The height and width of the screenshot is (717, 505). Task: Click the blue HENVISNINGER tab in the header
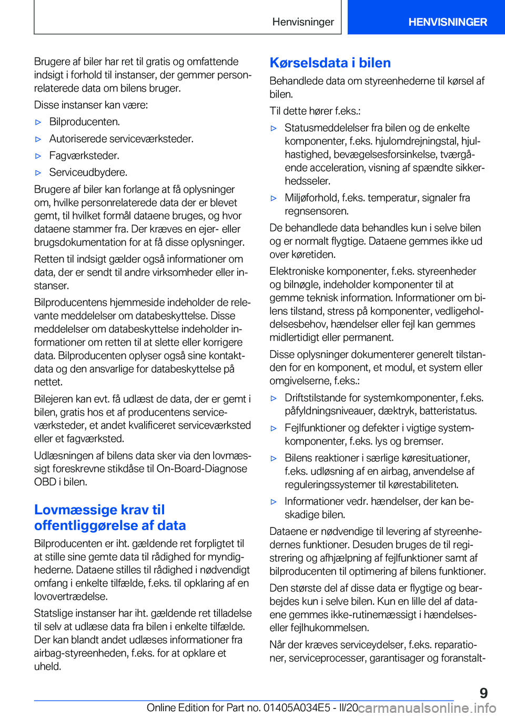[x=447, y=22]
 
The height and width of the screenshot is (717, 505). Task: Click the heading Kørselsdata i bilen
[x=330, y=63]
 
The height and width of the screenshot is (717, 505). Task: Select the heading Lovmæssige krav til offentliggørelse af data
[x=110, y=517]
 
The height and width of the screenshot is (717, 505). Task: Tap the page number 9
[x=483, y=693]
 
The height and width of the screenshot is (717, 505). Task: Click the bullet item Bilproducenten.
[x=84, y=122]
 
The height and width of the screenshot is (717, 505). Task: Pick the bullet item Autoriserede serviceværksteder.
[x=121, y=138]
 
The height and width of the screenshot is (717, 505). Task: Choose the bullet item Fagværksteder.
[x=84, y=155]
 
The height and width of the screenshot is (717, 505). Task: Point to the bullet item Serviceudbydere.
[x=88, y=172]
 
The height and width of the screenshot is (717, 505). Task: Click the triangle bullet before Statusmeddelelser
[x=274, y=128]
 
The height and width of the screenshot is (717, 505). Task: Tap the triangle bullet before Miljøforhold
[x=274, y=198]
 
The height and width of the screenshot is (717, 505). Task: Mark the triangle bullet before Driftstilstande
[x=274, y=399]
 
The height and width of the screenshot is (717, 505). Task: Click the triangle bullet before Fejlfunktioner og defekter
[x=274, y=429]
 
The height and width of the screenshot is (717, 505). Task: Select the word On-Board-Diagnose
[x=202, y=469]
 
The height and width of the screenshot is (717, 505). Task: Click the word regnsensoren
[x=316, y=211]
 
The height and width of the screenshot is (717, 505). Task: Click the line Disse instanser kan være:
[x=90, y=105]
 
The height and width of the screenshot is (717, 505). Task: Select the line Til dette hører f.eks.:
[x=315, y=111]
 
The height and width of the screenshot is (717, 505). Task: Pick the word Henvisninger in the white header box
[x=303, y=22]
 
